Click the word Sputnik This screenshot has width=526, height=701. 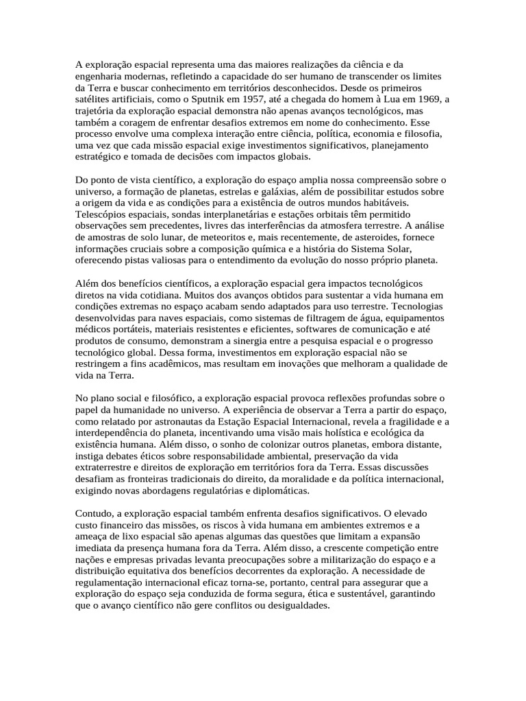tap(199, 99)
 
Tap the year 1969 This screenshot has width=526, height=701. tap(427, 99)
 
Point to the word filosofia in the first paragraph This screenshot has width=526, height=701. tap(421, 133)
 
